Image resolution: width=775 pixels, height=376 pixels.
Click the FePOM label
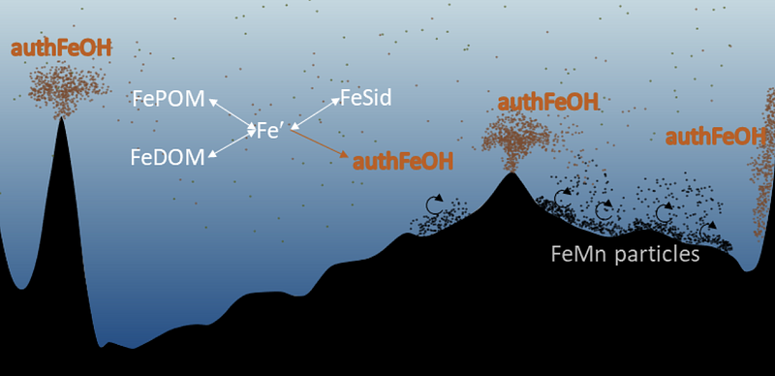click(x=169, y=99)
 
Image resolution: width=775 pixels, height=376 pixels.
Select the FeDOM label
click(x=168, y=157)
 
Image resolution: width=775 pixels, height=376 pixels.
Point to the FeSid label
click(x=366, y=98)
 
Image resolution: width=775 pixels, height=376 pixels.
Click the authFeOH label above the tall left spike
click(x=61, y=48)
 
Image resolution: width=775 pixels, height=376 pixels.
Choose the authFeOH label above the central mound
click(x=548, y=103)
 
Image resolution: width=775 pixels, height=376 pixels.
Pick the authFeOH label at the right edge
click(x=716, y=137)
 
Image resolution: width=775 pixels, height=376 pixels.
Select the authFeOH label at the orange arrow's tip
click(x=402, y=161)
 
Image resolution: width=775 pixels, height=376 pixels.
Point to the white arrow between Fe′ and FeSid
click(x=316, y=113)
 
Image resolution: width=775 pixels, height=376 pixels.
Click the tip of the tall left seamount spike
click(x=61, y=117)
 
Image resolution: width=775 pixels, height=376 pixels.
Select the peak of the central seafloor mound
click(x=512, y=172)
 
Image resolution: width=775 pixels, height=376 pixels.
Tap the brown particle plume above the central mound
click(x=515, y=139)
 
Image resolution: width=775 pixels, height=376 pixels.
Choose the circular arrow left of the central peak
click(x=434, y=204)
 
